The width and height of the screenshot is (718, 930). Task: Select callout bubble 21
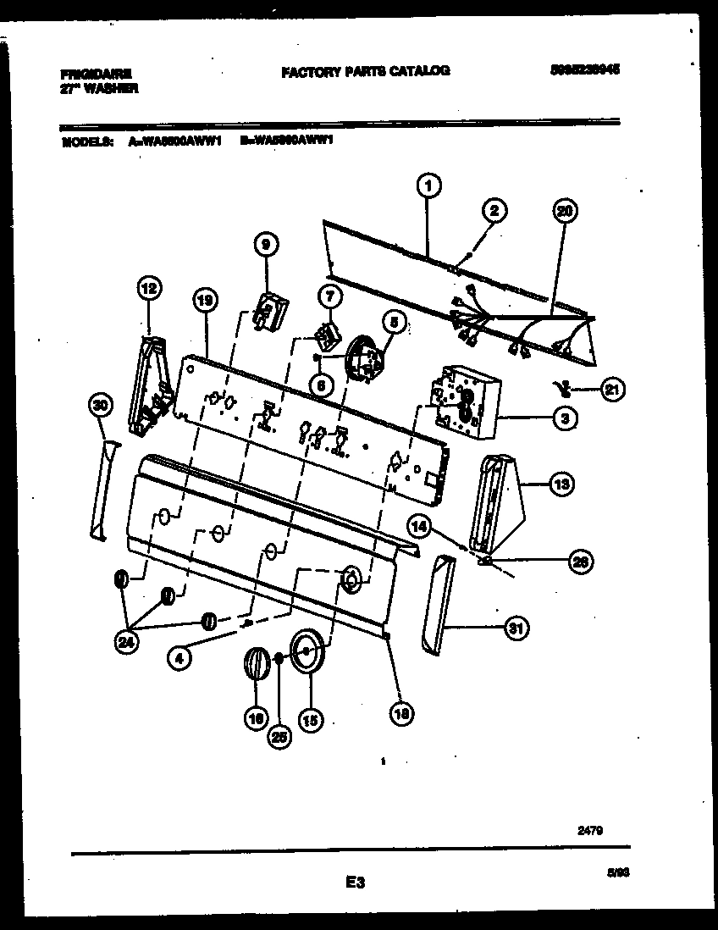point(612,390)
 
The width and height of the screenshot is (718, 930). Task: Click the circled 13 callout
point(561,484)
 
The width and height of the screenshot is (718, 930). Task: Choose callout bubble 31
point(516,628)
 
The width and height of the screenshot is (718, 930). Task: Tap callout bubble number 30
point(101,407)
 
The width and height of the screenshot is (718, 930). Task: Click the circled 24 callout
point(126,643)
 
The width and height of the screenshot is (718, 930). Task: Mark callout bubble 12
point(148,290)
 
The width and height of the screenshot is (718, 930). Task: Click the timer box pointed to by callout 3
point(466,401)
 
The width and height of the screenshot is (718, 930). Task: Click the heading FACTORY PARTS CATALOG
point(365,72)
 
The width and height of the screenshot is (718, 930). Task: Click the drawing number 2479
point(591,832)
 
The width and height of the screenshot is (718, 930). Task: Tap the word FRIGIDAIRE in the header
point(97,74)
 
